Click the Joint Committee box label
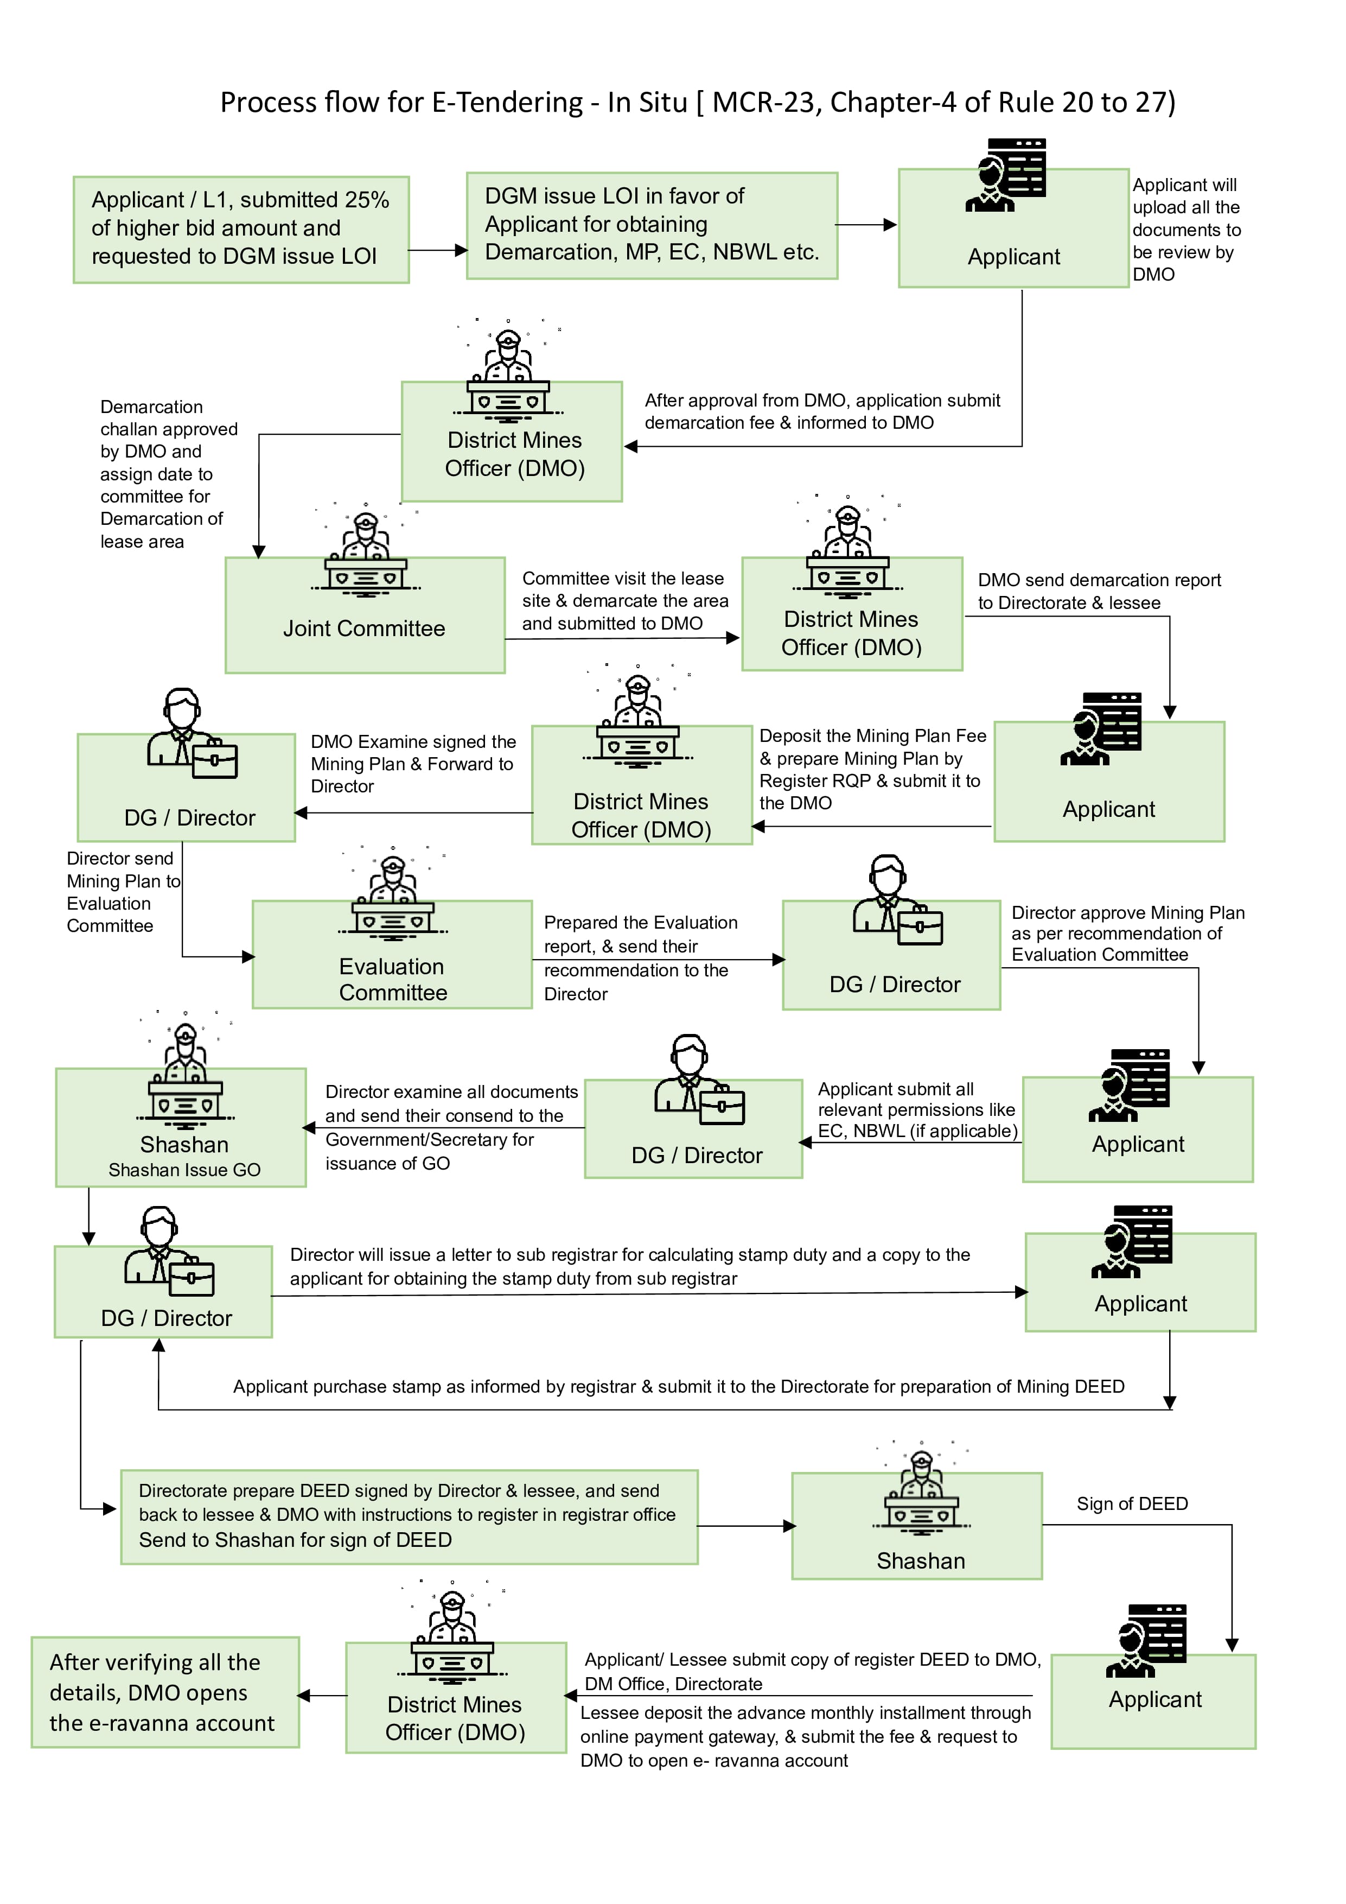(364, 629)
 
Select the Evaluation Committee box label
(393, 979)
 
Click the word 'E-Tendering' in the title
(507, 102)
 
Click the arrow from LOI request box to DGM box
(438, 250)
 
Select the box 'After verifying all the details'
(165, 1692)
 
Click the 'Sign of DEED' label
(1132, 1503)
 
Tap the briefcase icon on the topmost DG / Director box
(215, 759)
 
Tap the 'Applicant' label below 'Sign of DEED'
(1154, 1699)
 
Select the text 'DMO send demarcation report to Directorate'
(1099, 591)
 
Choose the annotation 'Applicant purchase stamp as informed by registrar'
(678, 1387)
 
